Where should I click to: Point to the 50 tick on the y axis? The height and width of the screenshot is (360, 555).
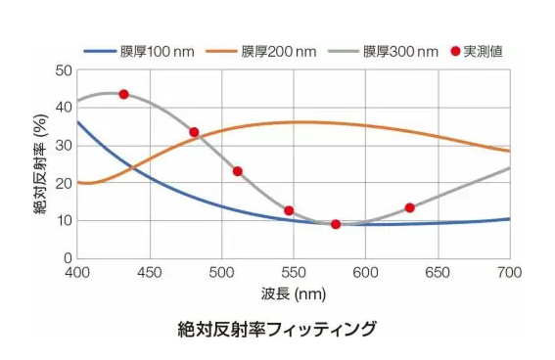coord(63,70)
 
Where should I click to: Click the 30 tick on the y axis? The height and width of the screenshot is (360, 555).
coord(63,146)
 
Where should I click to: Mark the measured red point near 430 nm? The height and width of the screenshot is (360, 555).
coord(123,94)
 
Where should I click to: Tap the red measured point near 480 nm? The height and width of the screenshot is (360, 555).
coord(194,132)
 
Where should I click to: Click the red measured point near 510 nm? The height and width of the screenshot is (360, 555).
coord(237,171)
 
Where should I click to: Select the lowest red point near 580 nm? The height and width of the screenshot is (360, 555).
coord(336,224)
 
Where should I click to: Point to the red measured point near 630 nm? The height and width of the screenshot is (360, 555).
coord(409,207)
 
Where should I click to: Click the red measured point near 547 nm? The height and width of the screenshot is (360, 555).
coord(289,210)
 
